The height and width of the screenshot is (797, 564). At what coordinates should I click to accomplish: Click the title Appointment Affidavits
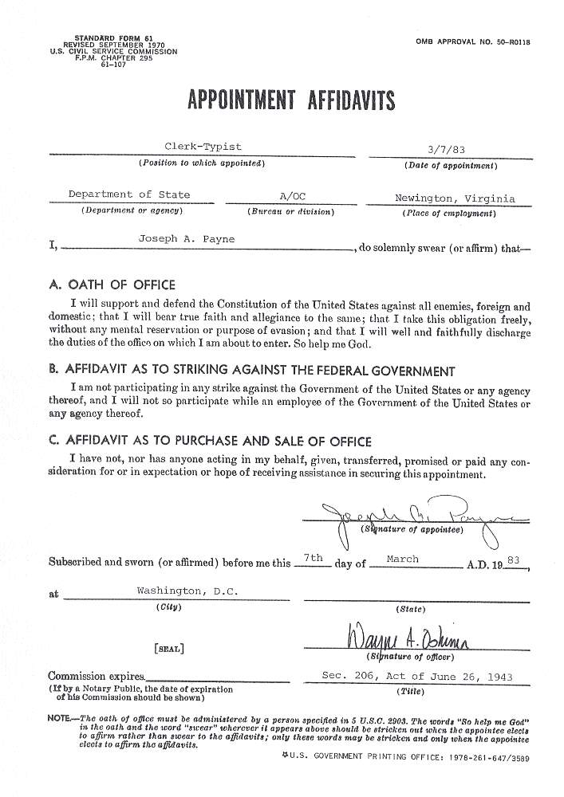pyautogui.click(x=290, y=101)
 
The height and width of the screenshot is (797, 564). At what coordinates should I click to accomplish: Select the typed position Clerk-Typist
pyautogui.click(x=203, y=147)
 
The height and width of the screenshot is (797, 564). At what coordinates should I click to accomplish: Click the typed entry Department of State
pyautogui.click(x=129, y=194)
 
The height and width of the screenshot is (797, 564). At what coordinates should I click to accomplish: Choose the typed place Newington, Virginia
pyautogui.click(x=455, y=198)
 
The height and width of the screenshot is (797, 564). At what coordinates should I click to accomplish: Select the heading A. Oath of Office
pyautogui.click(x=112, y=285)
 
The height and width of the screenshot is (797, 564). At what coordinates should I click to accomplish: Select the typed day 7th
pyautogui.click(x=313, y=558)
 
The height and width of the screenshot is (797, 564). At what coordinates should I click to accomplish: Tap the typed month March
pyautogui.click(x=402, y=559)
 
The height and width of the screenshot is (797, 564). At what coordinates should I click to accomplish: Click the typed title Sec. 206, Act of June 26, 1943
pyautogui.click(x=416, y=676)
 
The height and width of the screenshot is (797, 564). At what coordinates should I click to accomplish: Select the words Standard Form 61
pyautogui.click(x=113, y=38)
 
